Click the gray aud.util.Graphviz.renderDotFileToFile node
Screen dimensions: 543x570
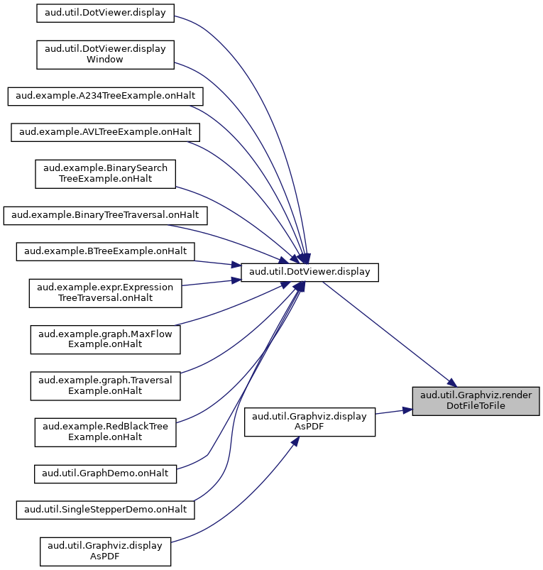(x=476, y=401)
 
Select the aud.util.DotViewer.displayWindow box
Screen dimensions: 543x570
(x=105, y=55)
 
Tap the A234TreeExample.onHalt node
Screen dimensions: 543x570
(x=105, y=97)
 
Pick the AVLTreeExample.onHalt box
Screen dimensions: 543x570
(x=105, y=132)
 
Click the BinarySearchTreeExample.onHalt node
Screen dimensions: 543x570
(x=105, y=174)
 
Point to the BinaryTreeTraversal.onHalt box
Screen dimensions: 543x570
(x=105, y=216)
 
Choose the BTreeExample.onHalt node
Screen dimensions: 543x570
(x=105, y=251)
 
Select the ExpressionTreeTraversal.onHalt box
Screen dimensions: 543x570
(x=105, y=293)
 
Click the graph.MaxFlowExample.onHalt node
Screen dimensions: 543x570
(x=105, y=339)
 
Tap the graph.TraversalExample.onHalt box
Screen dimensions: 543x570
(x=105, y=386)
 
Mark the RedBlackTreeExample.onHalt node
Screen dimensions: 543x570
(x=105, y=432)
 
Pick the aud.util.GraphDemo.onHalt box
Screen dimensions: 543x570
(x=105, y=474)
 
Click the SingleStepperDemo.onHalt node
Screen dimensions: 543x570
(x=105, y=510)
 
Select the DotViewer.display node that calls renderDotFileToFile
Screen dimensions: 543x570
(x=309, y=273)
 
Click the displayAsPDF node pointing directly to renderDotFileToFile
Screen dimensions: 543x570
(x=309, y=422)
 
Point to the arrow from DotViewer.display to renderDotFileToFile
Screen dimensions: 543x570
(x=389, y=334)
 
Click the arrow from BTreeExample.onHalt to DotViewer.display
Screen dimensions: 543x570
(x=218, y=263)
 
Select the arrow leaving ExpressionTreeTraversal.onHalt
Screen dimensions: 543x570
(x=212, y=283)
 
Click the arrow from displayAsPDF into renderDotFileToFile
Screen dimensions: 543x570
(x=394, y=412)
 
